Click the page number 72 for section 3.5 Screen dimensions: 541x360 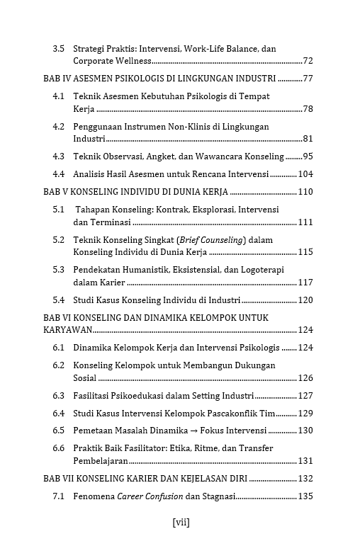[x=308, y=61]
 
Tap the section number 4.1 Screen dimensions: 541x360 [x=59, y=96]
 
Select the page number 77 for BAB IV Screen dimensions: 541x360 [x=308, y=78]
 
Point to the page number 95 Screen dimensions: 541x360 [x=308, y=156]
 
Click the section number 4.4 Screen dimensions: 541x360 [x=59, y=174]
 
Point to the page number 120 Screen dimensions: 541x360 [x=305, y=300]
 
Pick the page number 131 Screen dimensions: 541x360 [x=305, y=461]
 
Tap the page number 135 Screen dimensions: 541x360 [x=305, y=496]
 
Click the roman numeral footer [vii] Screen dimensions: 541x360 [x=181, y=523]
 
